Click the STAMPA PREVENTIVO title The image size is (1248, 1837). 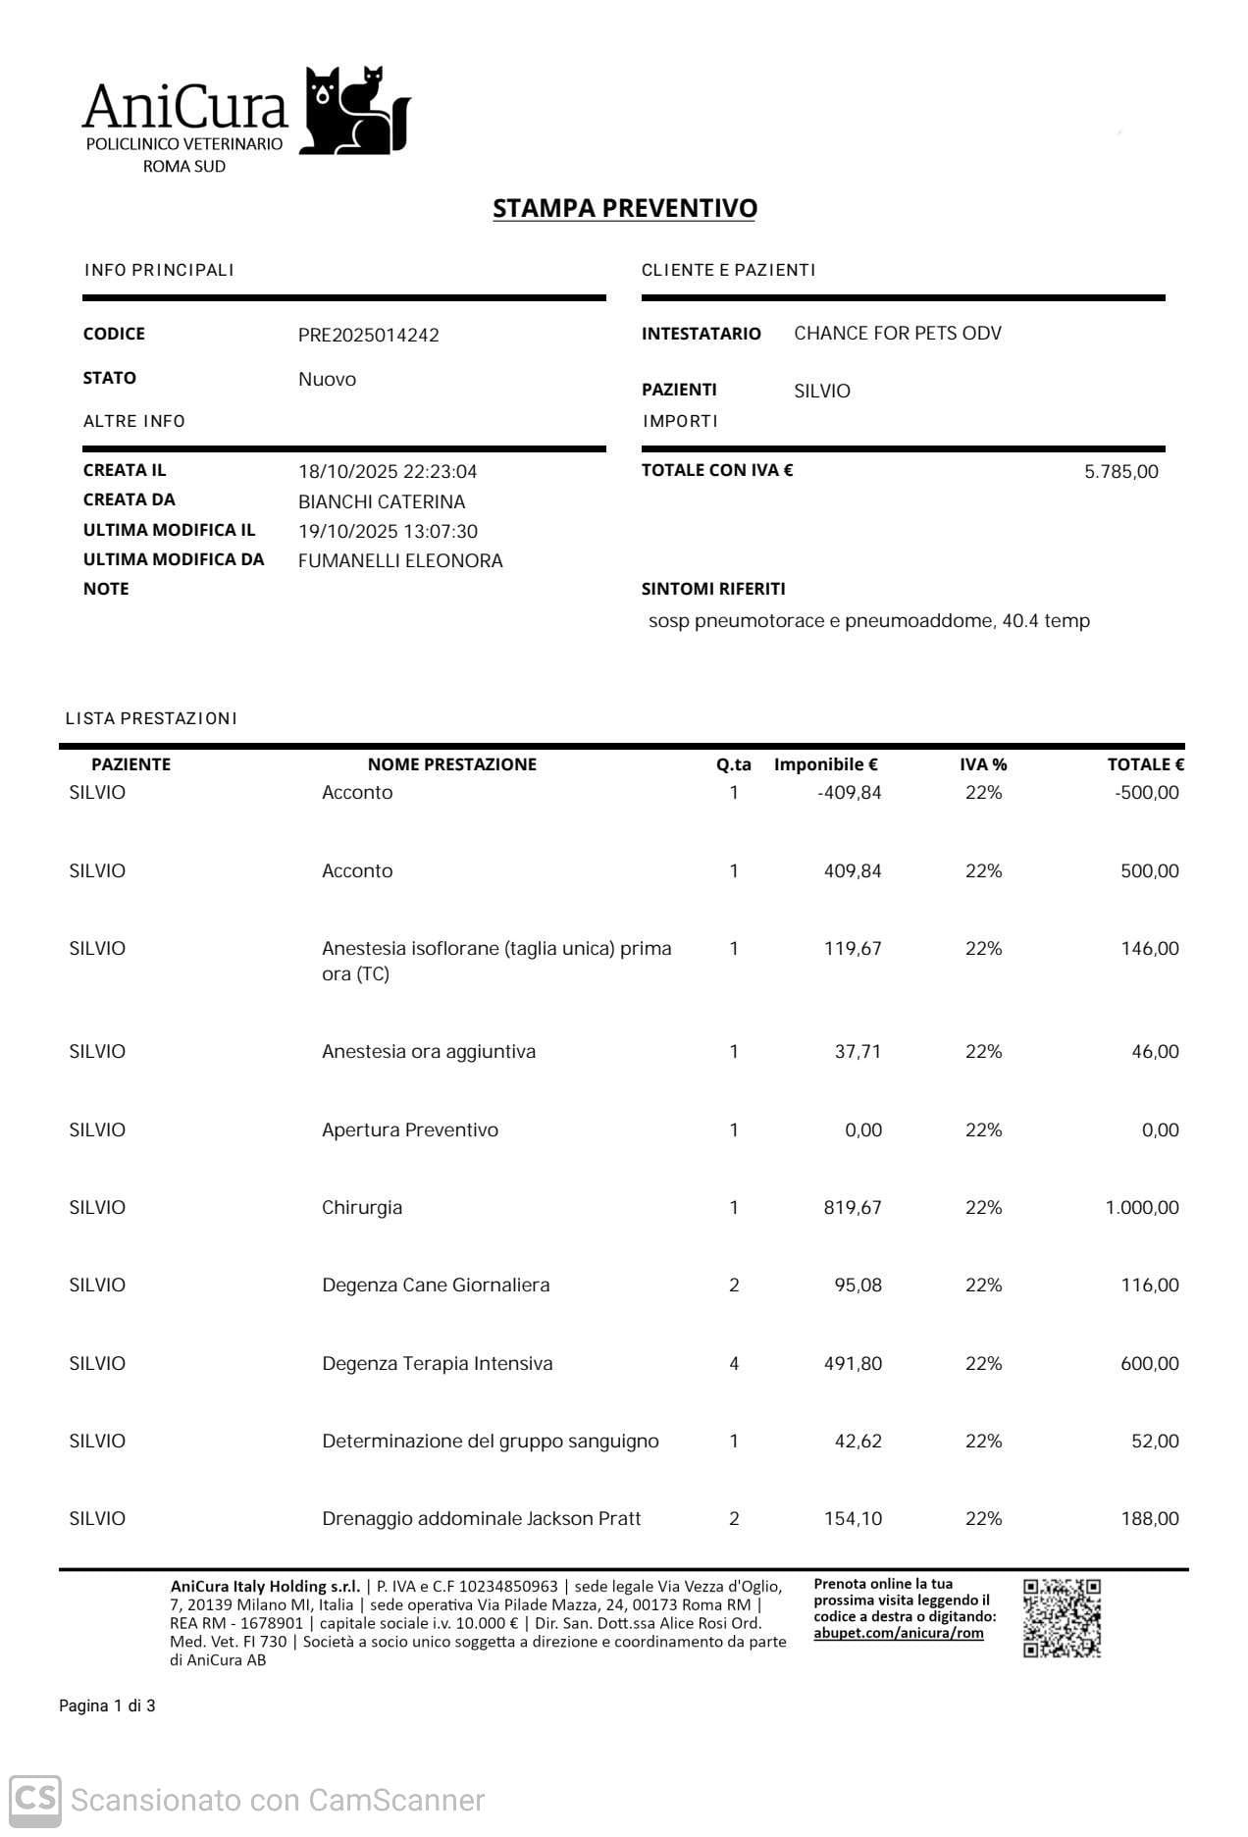click(x=624, y=208)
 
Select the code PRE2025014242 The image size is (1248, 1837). click(x=368, y=335)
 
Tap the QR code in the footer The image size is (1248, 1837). click(x=1062, y=1617)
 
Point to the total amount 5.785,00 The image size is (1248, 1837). click(x=1120, y=471)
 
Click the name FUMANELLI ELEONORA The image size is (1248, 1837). click(x=400, y=560)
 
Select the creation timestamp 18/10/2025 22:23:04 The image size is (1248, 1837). click(x=388, y=471)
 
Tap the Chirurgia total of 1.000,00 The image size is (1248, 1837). click(x=1141, y=1207)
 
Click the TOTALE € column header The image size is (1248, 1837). click(x=1145, y=763)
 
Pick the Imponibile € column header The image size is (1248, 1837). click(x=825, y=763)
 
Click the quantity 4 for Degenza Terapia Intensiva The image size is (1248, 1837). click(x=734, y=1363)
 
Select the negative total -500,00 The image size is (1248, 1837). click(x=1146, y=792)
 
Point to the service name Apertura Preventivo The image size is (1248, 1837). click(x=410, y=1129)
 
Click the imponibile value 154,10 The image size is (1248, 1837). click(x=853, y=1518)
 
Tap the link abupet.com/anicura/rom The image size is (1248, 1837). click(x=898, y=1633)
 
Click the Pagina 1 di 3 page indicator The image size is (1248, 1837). click(x=107, y=1706)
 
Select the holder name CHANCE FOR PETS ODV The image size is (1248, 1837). click(x=898, y=333)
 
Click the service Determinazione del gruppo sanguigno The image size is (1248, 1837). click(x=490, y=1441)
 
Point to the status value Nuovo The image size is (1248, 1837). click(x=327, y=379)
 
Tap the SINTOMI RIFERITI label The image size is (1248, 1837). click(x=713, y=589)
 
